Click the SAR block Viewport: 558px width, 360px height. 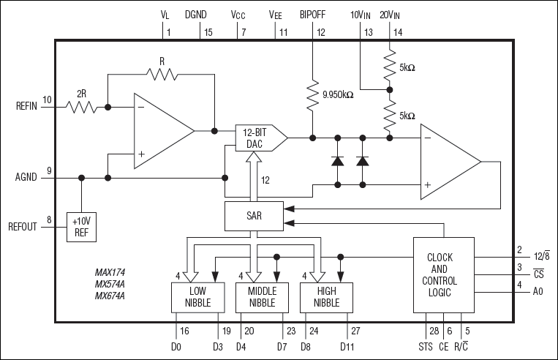point(253,216)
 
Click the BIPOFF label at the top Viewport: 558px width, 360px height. point(312,13)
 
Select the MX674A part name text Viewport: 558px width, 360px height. point(110,296)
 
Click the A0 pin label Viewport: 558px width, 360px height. point(538,291)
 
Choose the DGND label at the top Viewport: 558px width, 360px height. point(197,13)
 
